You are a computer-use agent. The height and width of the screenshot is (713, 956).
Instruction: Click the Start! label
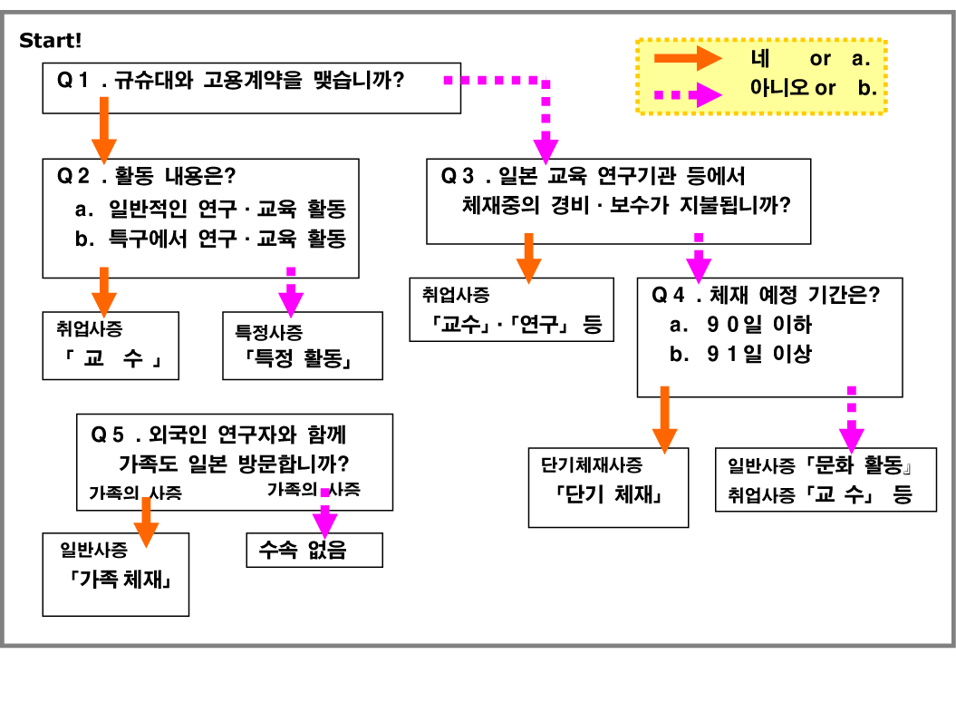click(51, 41)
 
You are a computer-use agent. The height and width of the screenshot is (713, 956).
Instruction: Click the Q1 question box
click(252, 88)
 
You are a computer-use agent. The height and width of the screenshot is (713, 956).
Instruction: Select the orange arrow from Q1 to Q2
click(104, 128)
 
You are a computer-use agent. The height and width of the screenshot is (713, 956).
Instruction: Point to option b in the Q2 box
click(210, 239)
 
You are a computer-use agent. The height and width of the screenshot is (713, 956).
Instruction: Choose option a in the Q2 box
click(210, 210)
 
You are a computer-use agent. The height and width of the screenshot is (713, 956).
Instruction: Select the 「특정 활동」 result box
click(302, 346)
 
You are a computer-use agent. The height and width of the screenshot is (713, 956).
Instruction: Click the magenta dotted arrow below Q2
click(291, 289)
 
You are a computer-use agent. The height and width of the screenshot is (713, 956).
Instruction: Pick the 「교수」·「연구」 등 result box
click(511, 309)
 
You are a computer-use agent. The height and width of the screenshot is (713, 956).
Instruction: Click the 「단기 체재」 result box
click(608, 487)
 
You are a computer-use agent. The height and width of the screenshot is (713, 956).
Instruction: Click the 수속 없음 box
click(314, 550)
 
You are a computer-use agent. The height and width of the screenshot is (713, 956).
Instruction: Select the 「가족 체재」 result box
click(116, 574)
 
